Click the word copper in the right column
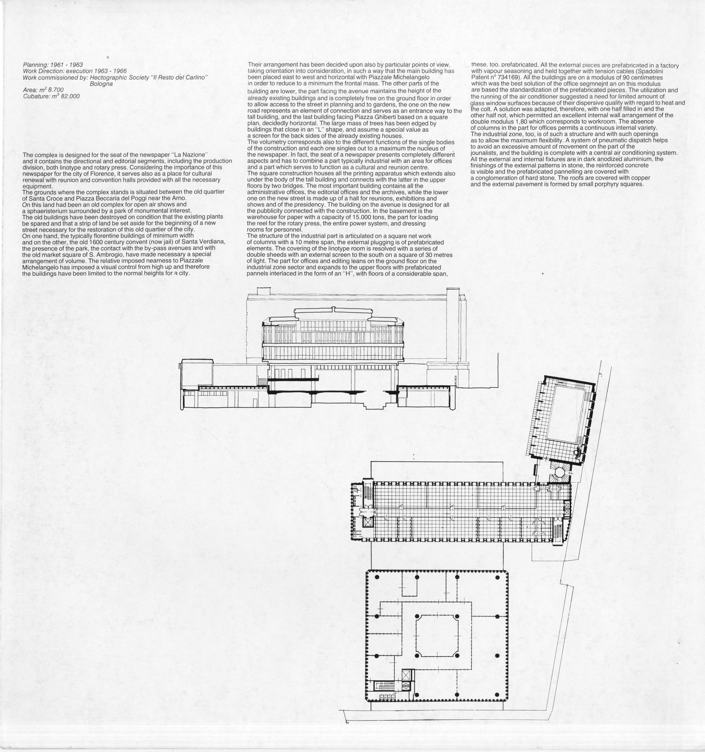641,178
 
